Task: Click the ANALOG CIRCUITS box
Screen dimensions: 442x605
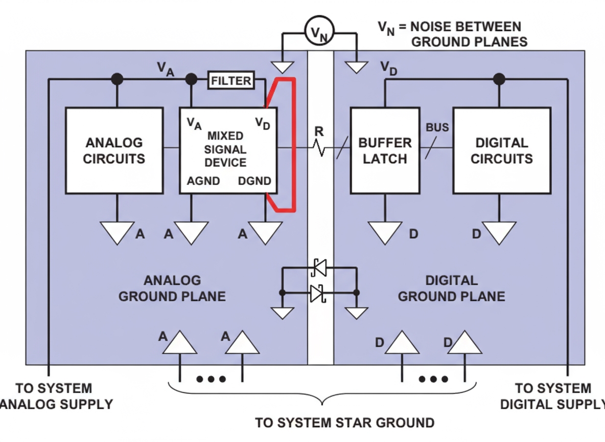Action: [x=114, y=150]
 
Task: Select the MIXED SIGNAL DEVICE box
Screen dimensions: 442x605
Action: [x=227, y=150]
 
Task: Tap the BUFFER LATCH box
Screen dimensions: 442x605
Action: [x=384, y=150]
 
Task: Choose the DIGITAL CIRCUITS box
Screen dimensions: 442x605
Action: [x=502, y=150]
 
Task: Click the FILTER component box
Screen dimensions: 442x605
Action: [x=231, y=80]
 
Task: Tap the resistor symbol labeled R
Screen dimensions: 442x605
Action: [x=319, y=148]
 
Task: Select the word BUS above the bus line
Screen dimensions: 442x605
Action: [x=437, y=127]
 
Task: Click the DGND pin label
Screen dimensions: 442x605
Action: [x=254, y=181]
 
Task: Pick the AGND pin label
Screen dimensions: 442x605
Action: [x=203, y=181]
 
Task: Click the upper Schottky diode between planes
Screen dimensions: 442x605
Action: [x=318, y=267]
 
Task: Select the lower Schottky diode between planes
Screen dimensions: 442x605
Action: [x=317, y=293]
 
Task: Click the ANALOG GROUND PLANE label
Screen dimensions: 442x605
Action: [x=172, y=289]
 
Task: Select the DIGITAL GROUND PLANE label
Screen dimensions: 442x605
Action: [x=451, y=289]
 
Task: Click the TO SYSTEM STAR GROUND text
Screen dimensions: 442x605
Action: [x=345, y=423]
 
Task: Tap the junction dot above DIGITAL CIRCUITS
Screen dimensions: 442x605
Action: [x=499, y=79]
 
